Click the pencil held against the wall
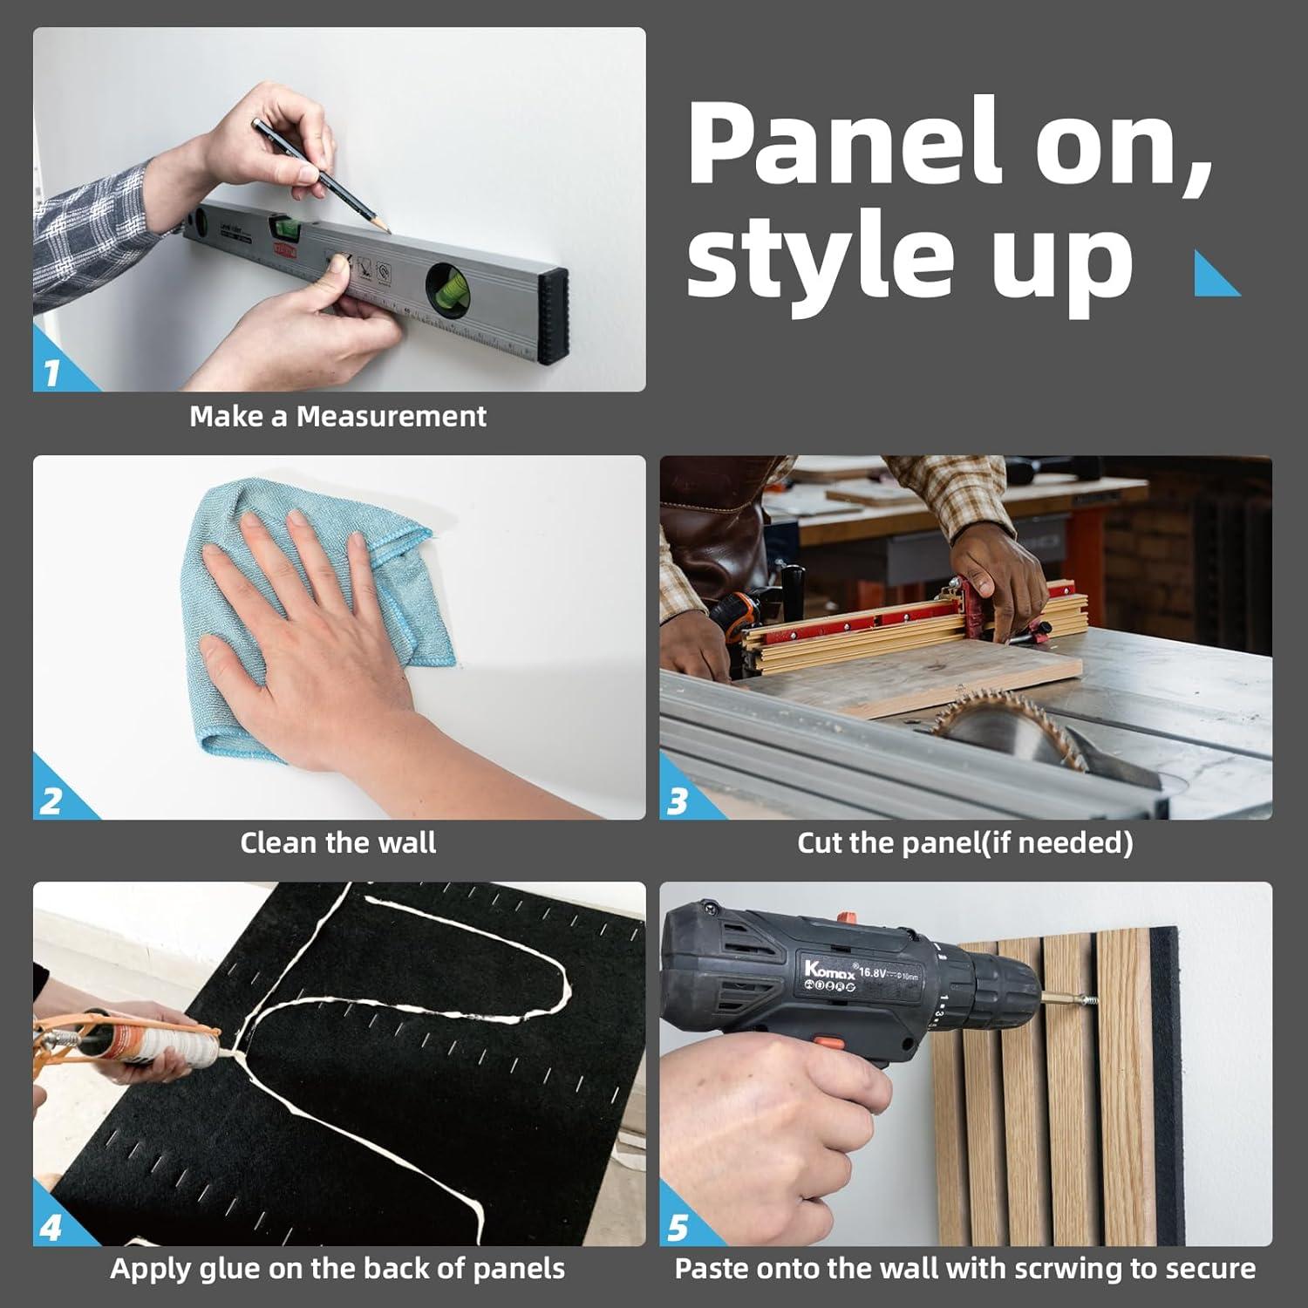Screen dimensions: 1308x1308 [x=320, y=174]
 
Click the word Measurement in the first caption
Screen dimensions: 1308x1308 [x=392, y=416]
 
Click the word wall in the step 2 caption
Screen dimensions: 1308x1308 [x=406, y=842]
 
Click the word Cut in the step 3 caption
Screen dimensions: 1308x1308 [x=820, y=842]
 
